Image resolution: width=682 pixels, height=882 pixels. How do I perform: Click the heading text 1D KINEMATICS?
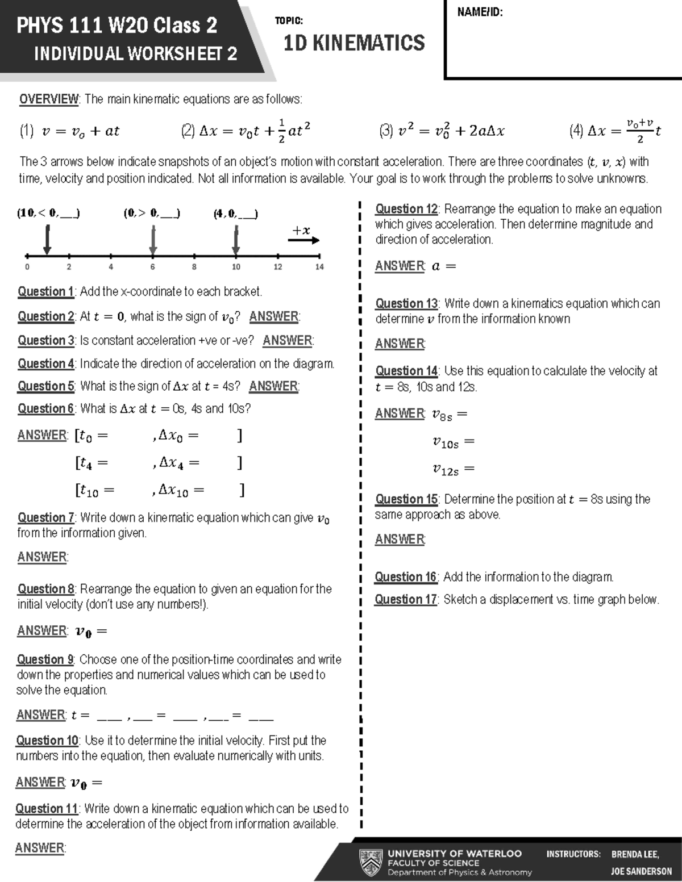[354, 43]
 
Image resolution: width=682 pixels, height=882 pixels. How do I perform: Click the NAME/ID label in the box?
[480, 12]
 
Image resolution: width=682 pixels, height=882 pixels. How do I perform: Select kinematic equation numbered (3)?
[442, 131]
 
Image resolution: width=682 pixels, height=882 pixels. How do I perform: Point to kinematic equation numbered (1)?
[69, 131]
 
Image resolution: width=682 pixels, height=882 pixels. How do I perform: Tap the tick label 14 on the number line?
[319, 267]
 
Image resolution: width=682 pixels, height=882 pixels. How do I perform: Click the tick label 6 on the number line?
[152, 267]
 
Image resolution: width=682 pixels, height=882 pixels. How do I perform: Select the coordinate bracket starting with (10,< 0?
[48, 214]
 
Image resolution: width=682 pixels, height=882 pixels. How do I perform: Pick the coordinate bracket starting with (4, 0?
[235, 214]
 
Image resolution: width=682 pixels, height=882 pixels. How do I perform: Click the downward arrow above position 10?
[236, 241]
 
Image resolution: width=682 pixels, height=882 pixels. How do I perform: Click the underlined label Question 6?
[46, 409]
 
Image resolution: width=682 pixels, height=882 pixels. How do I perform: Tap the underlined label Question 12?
[407, 209]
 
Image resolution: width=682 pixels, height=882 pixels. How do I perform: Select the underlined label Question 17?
[406, 600]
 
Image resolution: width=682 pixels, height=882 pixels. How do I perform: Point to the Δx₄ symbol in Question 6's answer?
[171, 463]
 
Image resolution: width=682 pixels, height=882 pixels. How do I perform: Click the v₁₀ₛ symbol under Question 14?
[446, 442]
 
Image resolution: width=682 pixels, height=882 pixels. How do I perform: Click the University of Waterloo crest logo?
[371, 863]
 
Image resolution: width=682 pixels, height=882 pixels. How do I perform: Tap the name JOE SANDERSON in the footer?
[641, 871]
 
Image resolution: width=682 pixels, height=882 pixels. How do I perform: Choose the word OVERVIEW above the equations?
[49, 99]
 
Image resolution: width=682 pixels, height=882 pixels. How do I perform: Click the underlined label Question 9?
[45, 660]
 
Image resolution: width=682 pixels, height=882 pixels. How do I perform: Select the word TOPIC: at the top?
[289, 21]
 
